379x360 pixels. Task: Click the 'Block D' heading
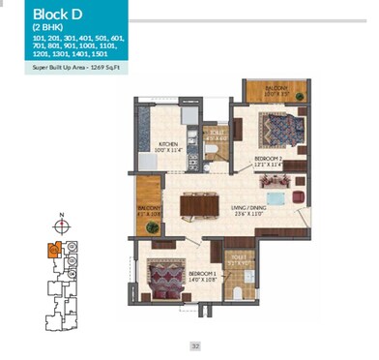(31, 15)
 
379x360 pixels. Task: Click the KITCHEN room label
(169, 148)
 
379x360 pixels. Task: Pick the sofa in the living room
(278, 200)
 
